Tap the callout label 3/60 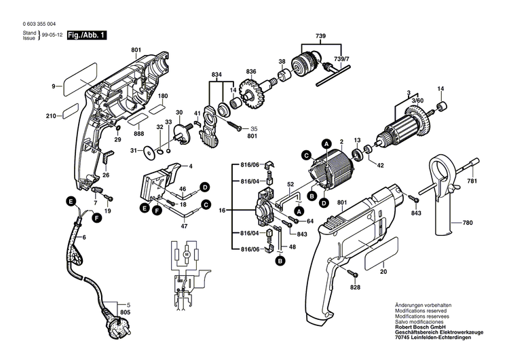click(x=417, y=100)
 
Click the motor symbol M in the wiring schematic click(x=186, y=253)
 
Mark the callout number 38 click(x=282, y=62)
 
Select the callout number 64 click(x=310, y=221)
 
